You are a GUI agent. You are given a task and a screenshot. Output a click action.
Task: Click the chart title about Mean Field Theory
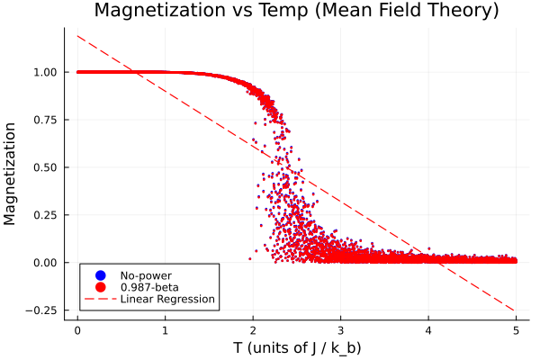pyautogui.click(x=296, y=12)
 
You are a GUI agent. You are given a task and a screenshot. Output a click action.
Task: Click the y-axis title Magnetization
pyautogui.click(x=13, y=173)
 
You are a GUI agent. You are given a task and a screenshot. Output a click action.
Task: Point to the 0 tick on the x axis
pyautogui.click(x=77, y=329)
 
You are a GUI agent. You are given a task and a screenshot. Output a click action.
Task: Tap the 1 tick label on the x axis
pyautogui.click(x=166, y=329)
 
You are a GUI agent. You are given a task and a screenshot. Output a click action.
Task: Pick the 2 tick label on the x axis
pyautogui.click(x=253, y=329)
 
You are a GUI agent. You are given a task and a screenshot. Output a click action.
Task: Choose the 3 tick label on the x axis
pyautogui.click(x=340, y=329)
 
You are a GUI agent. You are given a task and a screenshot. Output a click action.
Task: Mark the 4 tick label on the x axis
pyautogui.click(x=428, y=329)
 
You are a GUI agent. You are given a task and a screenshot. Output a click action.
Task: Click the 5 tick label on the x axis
pyautogui.click(x=516, y=329)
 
